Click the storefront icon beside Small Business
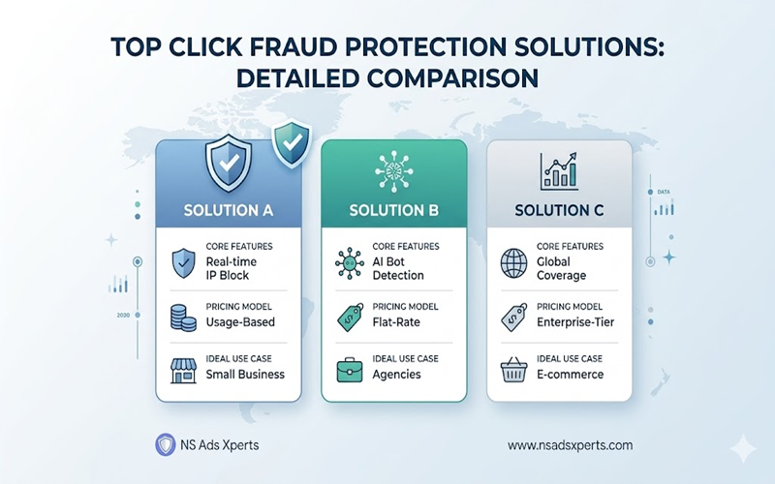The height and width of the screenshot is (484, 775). point(184,368)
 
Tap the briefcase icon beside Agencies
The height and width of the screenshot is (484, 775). point(348,368)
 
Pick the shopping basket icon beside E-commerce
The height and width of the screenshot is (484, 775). point(513,368)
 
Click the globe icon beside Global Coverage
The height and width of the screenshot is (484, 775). point(513,263)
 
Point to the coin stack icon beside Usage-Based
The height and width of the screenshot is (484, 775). point(184,316)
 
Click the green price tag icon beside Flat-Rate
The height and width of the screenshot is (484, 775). point(349,316)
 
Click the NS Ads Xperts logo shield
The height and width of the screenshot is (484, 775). point(166,444)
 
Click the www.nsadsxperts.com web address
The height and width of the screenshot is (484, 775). point(570,445)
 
